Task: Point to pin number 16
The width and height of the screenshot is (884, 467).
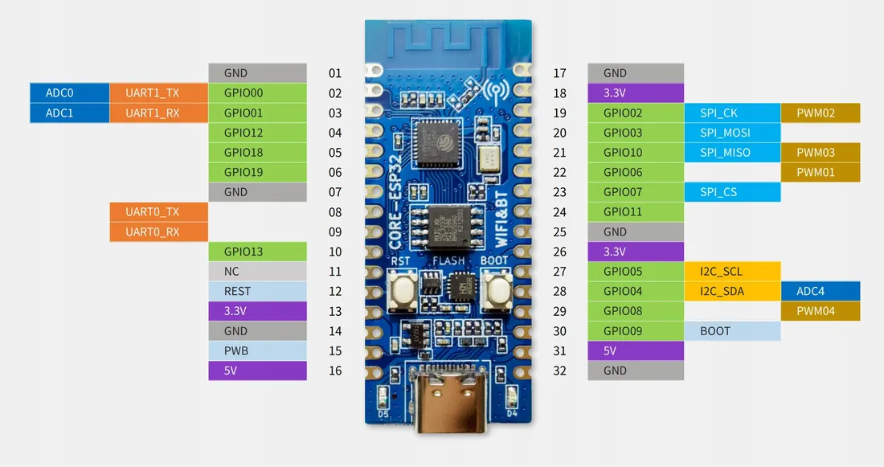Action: (x=335, y=371)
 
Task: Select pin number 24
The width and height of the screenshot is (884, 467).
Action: (x=560, y=212)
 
